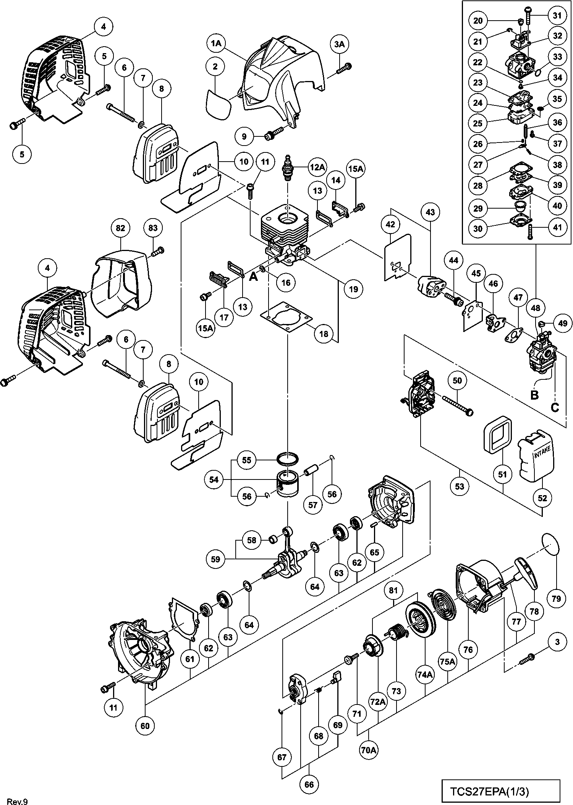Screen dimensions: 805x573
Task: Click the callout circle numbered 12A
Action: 318,167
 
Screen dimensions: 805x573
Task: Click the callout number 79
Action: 556,598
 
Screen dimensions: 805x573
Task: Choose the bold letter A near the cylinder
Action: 253,276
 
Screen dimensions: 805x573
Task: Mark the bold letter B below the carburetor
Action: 534,394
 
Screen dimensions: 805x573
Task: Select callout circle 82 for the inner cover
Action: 120,228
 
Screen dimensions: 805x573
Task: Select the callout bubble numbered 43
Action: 430,212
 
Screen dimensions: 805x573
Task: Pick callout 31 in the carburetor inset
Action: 557,16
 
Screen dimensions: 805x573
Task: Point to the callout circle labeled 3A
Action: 339,45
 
